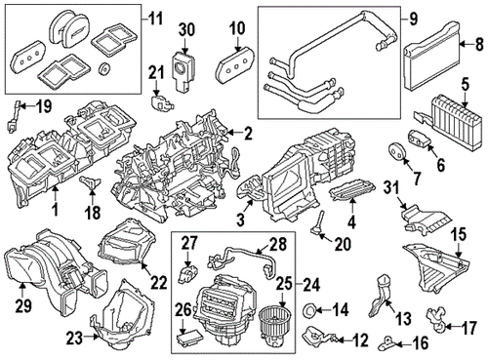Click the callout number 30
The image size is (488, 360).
(x=186, y=30)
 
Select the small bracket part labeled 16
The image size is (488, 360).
(x=393, y=341)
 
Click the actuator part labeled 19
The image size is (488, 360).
(x=14, y=122)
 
